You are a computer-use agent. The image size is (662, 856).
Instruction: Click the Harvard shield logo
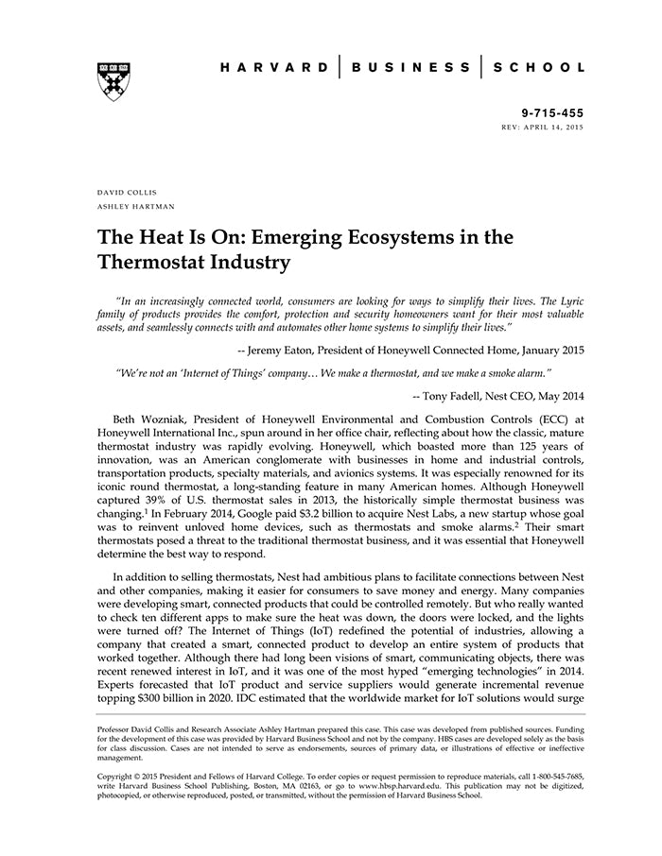(x=113, y=81)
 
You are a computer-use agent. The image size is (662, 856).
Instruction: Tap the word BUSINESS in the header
(x=410, y=68)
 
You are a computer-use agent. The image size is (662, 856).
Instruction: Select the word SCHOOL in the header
(x=542, y=68)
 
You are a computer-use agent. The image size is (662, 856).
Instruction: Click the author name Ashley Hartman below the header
(x=136, y=205)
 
